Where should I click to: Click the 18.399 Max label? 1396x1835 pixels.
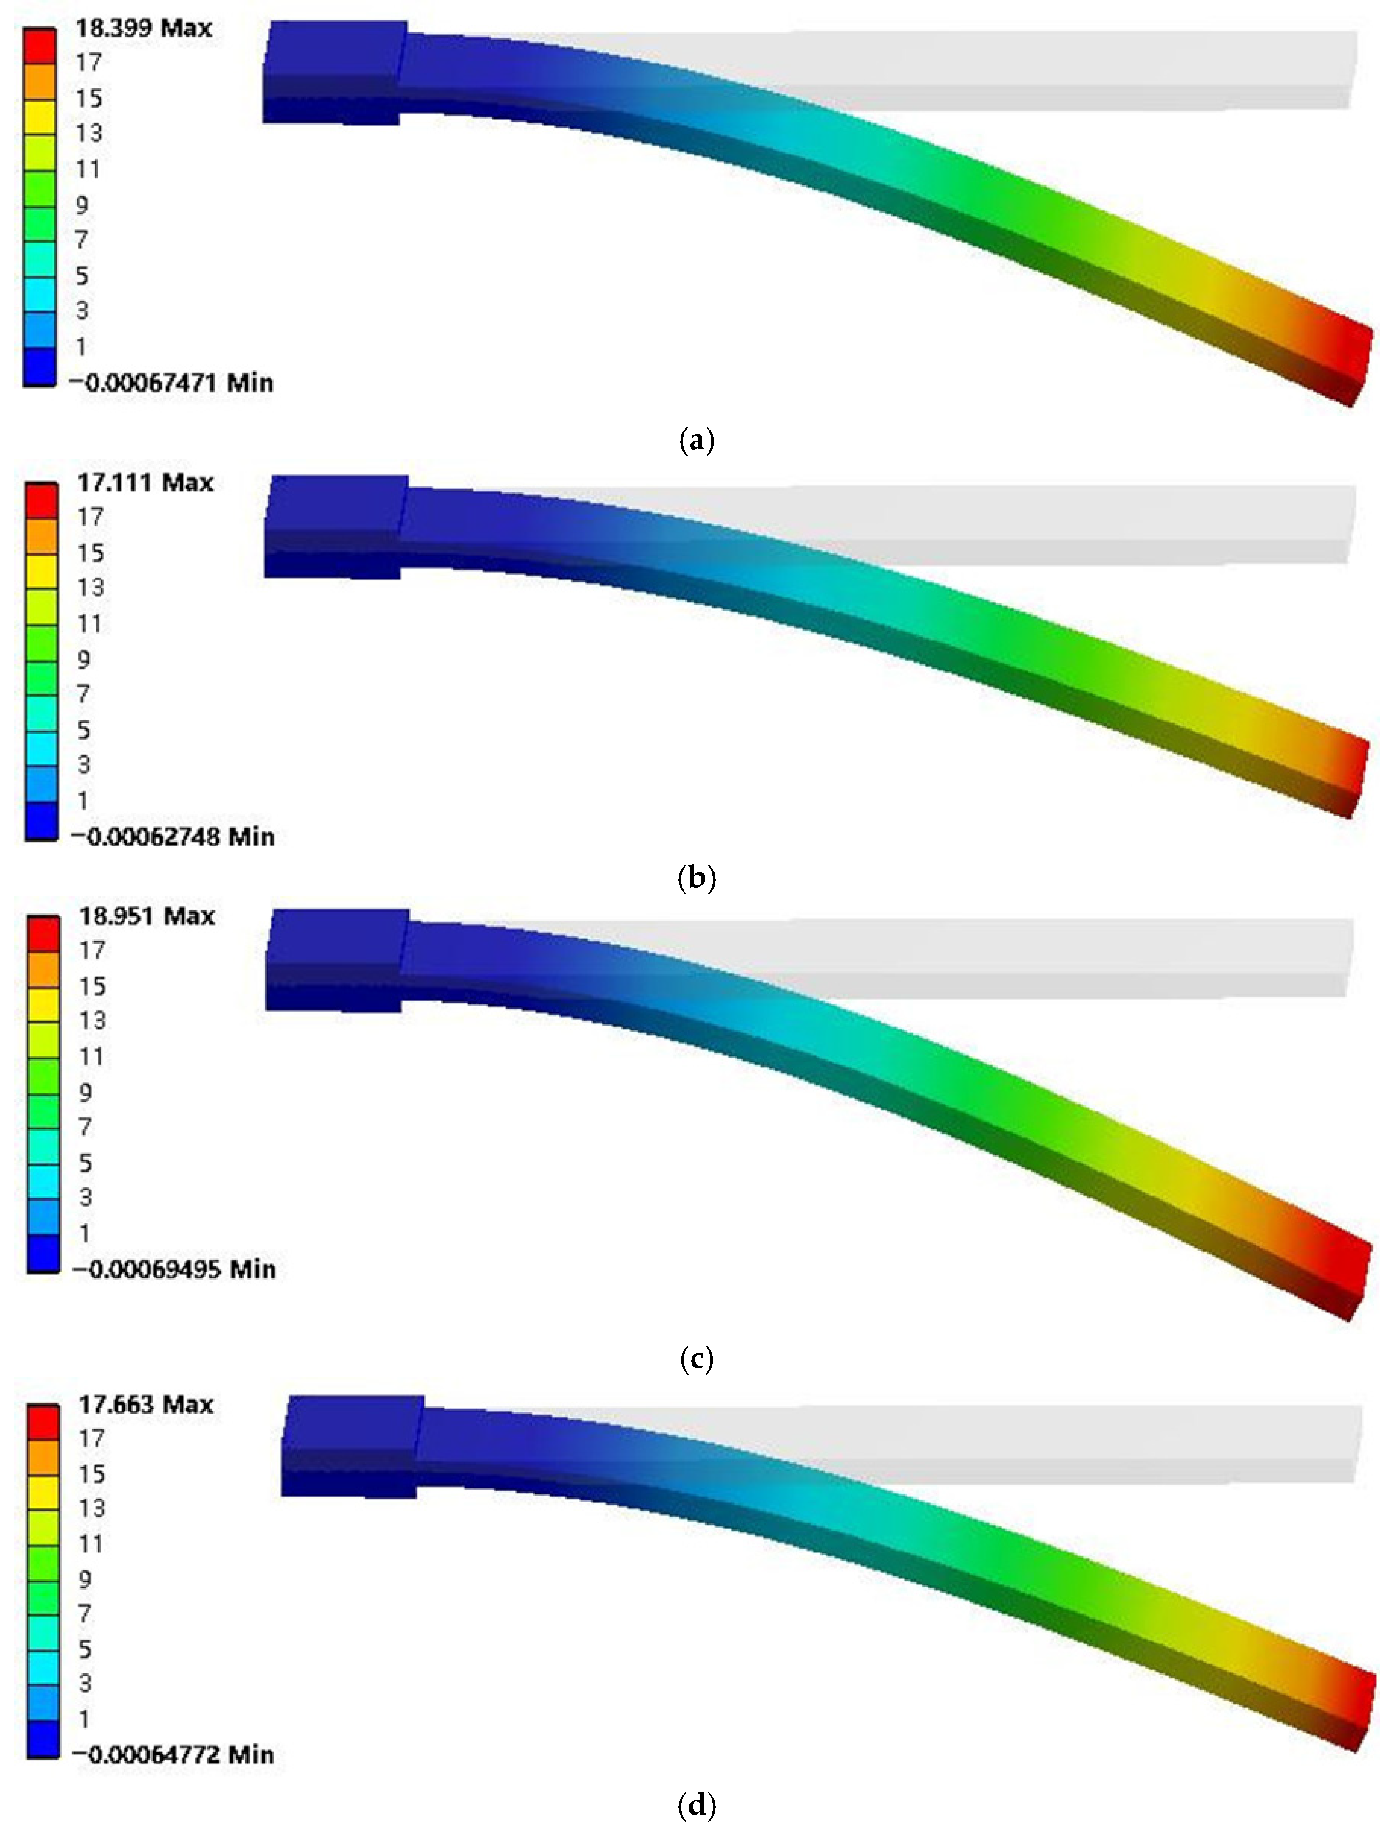pyautogui.click(x=144, y=28)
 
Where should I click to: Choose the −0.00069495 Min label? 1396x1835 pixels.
pyautogui.click(x=174, y=1269)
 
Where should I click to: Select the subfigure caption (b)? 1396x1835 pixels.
pyautogui.click(x=696, y=878)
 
